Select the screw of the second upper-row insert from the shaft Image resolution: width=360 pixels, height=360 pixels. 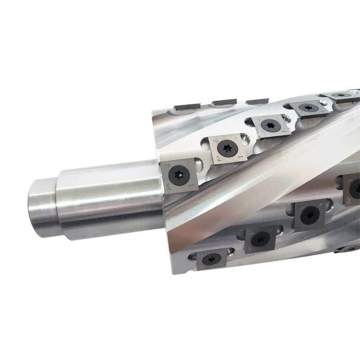click(x=225, y=148)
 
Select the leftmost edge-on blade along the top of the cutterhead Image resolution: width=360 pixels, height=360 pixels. click(x=184, y=106)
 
